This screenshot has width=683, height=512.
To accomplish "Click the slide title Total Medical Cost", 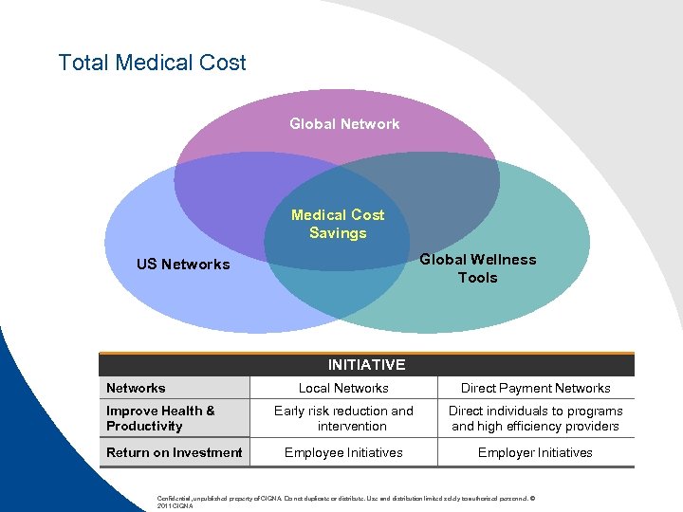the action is tap(152, 63).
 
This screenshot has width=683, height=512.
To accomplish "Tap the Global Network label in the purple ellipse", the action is tap(344, 123).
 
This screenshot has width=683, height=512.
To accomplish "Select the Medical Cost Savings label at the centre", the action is tap(338, 224).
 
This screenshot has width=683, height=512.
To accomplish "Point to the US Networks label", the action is tap(183, 264).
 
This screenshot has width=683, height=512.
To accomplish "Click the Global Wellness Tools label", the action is tap(477, 268).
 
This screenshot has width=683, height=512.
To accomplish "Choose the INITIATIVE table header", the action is tap(366, 364).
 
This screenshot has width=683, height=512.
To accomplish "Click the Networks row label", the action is tap(136, 388).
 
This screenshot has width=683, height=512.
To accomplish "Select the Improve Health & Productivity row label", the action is tap(160, 418).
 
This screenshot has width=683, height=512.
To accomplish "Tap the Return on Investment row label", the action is tap(174, 452).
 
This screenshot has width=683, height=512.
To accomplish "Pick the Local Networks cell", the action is tap(343, 388).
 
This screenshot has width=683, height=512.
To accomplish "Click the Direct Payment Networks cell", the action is tap(535, 388).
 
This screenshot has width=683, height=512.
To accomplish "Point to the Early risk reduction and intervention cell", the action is tap(343, 418).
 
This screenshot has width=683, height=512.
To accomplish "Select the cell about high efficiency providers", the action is tap(535, 418).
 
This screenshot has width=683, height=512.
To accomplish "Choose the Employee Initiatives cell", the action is tap(343, 452).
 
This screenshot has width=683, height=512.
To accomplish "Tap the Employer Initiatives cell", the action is tap(535, 452).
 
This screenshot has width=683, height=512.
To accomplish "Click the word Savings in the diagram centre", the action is tap(338, 233).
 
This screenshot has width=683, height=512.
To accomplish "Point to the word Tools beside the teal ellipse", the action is tap(477, 278).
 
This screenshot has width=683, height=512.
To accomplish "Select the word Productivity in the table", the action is tap(144, 426).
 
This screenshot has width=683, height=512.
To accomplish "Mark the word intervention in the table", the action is tap(352, 426).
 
